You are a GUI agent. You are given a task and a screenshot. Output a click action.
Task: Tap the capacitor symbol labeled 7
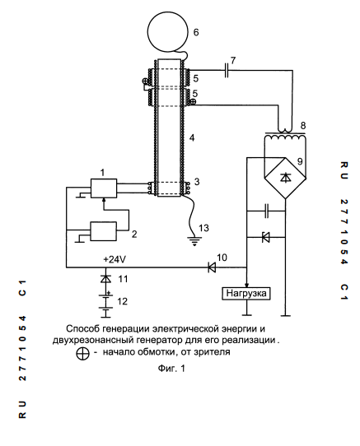pyautogui.click(x=227, y=70)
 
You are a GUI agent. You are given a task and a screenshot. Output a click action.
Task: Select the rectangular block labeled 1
pyautogui.click(x=104, y=188)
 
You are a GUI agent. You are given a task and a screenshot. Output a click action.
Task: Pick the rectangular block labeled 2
pyautogui.click(x=103, y=231)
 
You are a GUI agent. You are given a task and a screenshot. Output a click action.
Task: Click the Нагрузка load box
pyautogui.click(x=246, y=293)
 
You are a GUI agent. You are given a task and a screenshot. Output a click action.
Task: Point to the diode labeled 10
pyautogui.click(x=212, y=267)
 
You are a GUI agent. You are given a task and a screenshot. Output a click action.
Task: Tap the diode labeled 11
pyautogui.click(x=105, y=279)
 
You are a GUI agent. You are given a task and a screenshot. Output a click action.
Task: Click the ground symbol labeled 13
pyautogui.click(x=194, y=241)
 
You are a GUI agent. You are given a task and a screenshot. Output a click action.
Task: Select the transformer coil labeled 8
pyautogui.click(x=285, y=137)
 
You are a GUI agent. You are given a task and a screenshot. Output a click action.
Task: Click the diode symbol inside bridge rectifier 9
pyautogui.click(x=285, y=178)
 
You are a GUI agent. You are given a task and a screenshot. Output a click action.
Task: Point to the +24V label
pyautogui.click(x=115, y=259)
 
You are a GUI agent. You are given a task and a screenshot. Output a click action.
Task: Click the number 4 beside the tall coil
pyautogui.click(x=192, y=138)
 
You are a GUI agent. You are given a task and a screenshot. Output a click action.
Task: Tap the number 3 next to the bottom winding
pyautogui.click(x=197, y=182)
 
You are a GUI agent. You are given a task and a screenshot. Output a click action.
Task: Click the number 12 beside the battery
pyautogui.click(x=122, y=301)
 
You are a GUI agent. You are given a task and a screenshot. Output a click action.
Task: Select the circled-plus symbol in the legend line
pyautogui.click(x=82, y=353)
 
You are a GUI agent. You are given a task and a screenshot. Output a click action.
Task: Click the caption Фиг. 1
pyautogui.click(x=171, y=369)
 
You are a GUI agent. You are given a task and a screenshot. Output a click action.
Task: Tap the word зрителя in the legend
pyautogui.click(x=212, y=352)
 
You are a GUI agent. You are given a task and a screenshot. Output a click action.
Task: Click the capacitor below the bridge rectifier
pyautogui.click(x=267, y=211)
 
